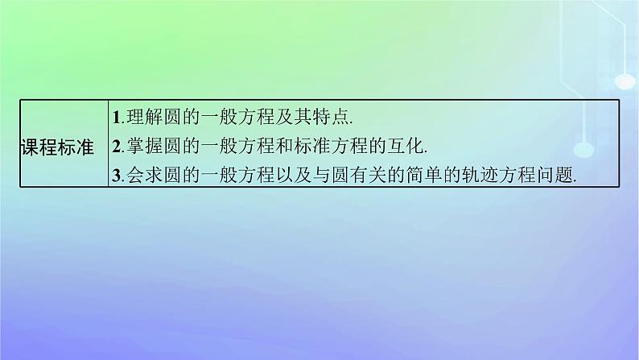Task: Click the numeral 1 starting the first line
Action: [116, 118]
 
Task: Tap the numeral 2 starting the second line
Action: [117, 147]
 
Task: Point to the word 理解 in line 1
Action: [141, 118]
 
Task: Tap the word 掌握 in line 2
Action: [141, 147]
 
